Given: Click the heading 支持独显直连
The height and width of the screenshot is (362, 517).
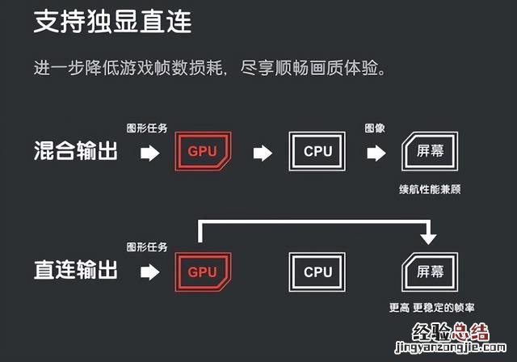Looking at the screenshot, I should pyautogui.click(x=112, y=22).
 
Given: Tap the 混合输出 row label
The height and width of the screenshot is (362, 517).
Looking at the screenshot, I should pyautogui.click(x=76, y=151).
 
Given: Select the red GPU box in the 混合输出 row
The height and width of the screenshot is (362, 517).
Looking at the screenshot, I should pyautogui.click(x=203, y=151).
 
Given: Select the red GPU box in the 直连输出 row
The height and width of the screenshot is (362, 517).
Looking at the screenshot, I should pyautogui.click(x=203, y=271).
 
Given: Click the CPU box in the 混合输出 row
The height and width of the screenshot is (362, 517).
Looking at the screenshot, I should pyautogui.click(x=317, y=151).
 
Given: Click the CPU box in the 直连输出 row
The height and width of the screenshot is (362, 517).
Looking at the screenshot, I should pyautogui.click(x=317, y=271).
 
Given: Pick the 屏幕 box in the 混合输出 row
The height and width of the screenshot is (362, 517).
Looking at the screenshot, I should pyautogui.click(x=430, y=151).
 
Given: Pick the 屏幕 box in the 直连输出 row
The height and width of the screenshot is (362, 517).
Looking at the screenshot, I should pyautogui.click(x=430, y=271).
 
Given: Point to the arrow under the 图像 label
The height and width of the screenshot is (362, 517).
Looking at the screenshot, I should pyautogui.click(x=376, y=152).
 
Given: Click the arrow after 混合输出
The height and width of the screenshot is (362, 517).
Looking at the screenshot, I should pyautogui.click(x=150, y=152).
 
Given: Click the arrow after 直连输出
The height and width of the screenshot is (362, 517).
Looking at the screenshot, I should pyautogui.click(x=150, y=271).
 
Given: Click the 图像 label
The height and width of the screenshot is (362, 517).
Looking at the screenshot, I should pyautogui.click(x=376, y=128).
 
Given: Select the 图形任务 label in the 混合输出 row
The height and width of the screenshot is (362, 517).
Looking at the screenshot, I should pyautogui.click(x=146, y=128).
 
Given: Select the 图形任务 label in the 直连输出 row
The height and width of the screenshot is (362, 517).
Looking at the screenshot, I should pyautogui.click(x=146, y=247).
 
